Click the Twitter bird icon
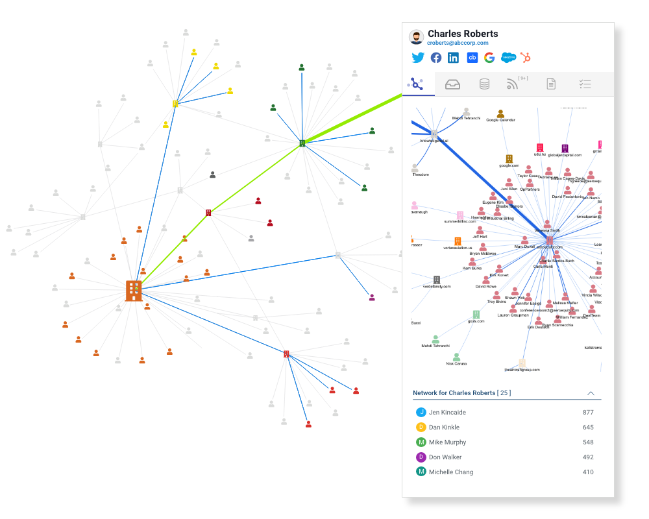click(418, 58)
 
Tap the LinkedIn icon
click(453, 58)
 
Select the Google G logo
click(489, 58)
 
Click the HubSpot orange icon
click(525, 58)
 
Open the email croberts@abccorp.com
click(458, 43)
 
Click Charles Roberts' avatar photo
click(416, 37)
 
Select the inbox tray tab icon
click(452, 84)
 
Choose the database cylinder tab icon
click(484, 84)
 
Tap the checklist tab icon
click(585, 84)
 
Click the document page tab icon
click(551, 84)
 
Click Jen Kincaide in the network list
click(447, 413)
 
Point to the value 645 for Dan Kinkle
click(588, 428)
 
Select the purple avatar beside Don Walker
click(421, 457)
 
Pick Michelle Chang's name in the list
click(450, 472)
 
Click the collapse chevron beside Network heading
click(591, 393)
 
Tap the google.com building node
click(509, 159)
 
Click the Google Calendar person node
click(500, 114)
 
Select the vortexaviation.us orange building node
click(458, 241)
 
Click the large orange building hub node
click(134, 291)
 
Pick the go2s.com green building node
click(476, 314)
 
